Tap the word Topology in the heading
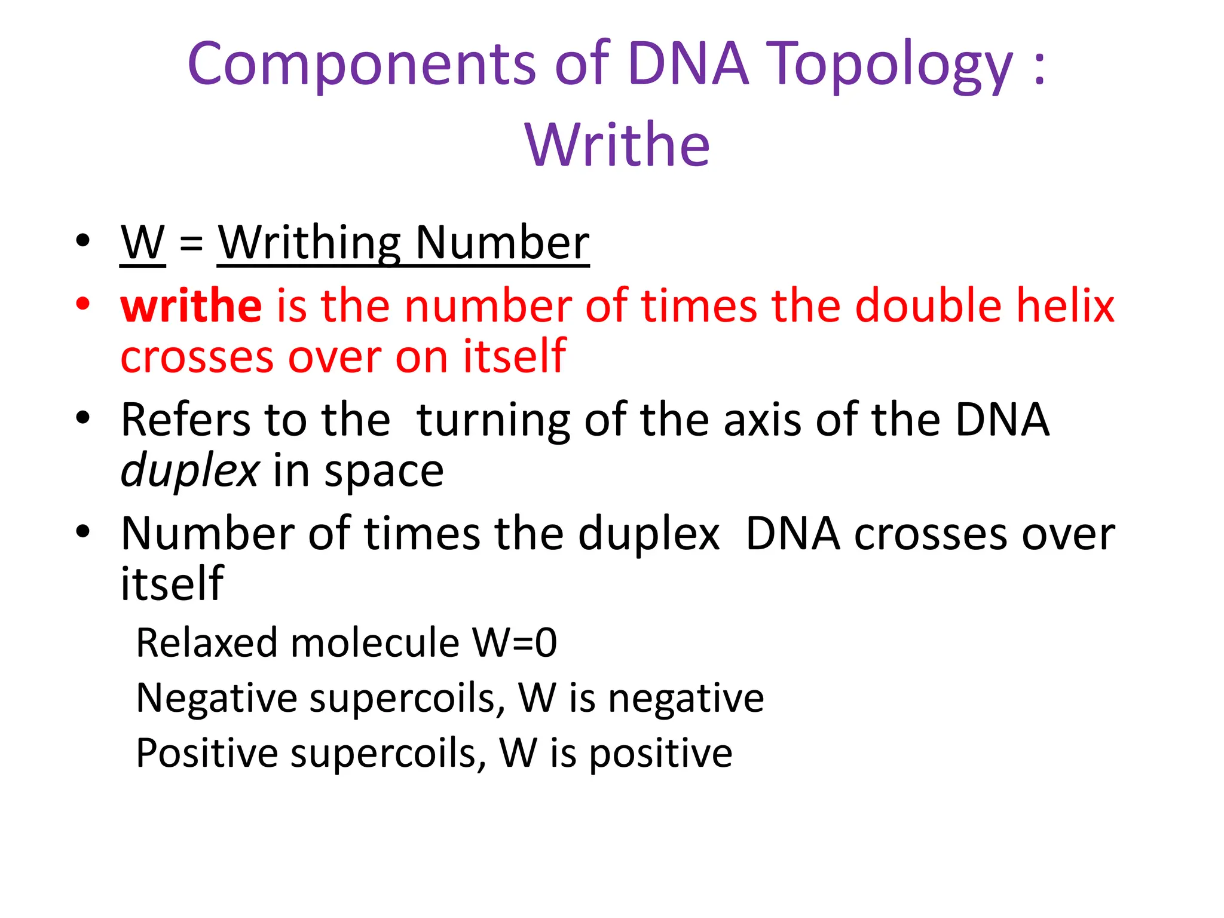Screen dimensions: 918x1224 click(x=889, y=65)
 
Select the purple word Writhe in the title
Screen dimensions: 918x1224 click(x=618, y=145)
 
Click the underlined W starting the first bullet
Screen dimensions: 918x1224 click(x=142, y=243)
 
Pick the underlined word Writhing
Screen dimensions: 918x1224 click(x=309, y=244)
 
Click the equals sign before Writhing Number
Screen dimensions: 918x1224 click(x=191, y=244)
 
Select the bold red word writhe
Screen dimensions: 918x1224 click(x=191, y=305)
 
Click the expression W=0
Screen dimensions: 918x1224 click(x=514, y=643)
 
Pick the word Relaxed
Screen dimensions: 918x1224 click(x=207, y=643)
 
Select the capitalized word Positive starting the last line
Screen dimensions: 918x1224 click(x=207, y=753)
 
